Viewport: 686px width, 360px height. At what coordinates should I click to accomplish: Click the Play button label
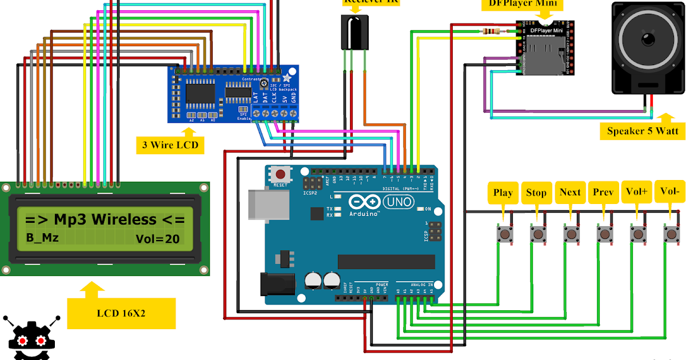(x=503, y=193)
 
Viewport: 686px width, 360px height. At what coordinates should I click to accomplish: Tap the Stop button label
(x=536, y=193)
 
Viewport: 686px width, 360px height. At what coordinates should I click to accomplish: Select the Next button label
(x=570, y=193)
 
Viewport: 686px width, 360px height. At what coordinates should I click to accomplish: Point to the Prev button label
(x=604, y=193)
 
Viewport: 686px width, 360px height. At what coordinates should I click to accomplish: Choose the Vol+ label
(x=637, y=193)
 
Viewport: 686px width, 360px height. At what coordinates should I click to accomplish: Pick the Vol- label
(x=670, y=192)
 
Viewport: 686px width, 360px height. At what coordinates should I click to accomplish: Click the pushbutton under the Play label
(x=505, y=233)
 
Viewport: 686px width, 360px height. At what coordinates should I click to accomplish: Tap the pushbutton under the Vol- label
(x=671, y=233)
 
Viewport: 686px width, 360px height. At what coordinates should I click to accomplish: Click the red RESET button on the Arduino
(x=280, y=174)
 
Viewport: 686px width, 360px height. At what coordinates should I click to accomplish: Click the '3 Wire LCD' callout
(x=170, y=145)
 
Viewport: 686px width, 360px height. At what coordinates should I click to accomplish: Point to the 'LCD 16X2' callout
(x=121, y=313)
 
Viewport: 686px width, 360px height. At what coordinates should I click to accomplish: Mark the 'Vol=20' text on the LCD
(x=158, y=238)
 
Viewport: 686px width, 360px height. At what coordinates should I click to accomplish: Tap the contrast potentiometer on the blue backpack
(x=264, y=85)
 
